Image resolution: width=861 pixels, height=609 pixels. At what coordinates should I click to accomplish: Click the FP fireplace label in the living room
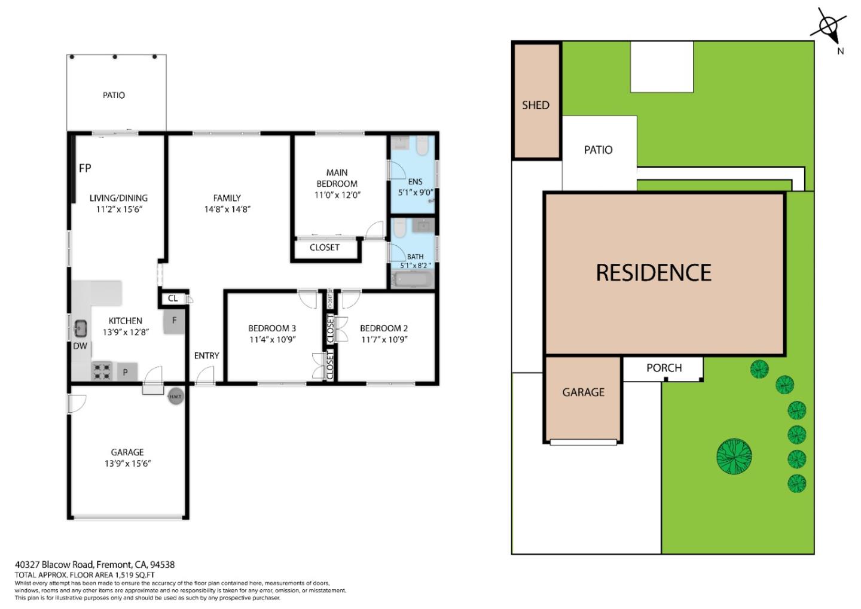(85, 168)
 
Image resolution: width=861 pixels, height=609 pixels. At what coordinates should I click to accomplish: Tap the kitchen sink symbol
(80, 328)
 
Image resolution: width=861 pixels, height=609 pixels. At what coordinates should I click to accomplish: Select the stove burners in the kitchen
(102, 372)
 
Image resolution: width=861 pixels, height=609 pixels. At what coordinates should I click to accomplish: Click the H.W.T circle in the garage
(175, 396)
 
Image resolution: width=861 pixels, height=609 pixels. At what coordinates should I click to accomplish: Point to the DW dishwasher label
(80, 346)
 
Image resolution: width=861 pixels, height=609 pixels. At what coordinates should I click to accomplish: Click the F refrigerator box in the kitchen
(174, 321)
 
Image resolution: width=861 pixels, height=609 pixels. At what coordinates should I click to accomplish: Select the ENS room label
(415, 182)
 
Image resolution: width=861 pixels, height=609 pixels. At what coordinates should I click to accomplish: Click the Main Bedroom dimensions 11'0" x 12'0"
(337, 195)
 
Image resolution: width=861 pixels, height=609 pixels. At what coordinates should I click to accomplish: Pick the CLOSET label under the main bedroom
(325, 247)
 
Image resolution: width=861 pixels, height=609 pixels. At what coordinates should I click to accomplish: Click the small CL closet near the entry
(173, 298)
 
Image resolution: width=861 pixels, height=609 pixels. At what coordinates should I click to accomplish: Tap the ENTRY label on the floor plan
(206, 355)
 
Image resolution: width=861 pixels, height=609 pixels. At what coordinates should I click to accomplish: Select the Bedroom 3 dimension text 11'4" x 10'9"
(272, 339)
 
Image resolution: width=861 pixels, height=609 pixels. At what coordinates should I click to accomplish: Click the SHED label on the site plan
(535, 105)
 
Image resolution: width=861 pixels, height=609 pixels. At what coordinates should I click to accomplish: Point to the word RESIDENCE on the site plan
(654, 273)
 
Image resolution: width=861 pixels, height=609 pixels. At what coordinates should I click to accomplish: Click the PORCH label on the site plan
(664, 368)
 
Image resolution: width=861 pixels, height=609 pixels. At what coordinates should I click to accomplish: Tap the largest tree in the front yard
(734, 456)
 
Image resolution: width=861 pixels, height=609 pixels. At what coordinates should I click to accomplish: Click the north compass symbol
(828, 27)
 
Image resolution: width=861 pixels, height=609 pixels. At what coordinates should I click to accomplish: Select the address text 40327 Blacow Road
(54, 564)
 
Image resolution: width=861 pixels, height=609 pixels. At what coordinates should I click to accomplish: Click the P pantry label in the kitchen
(126, 373)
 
